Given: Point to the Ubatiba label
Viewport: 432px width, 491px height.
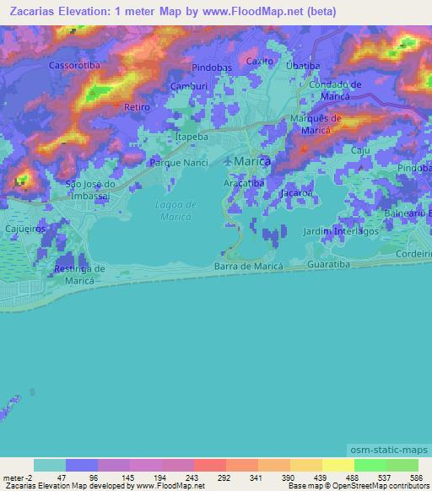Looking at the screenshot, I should pyautogui.click(x=302, y=66).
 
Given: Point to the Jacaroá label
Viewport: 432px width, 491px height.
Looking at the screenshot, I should pyautogui.click(x=296, y=193).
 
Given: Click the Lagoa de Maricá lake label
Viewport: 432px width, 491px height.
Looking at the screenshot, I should pyautogui.click(x=175, y=211).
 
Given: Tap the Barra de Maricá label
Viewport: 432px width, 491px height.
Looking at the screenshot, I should pyautogui.click(x=247, y=267).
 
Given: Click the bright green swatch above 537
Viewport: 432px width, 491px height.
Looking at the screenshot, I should pyautogui.click(x=370, y=466).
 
